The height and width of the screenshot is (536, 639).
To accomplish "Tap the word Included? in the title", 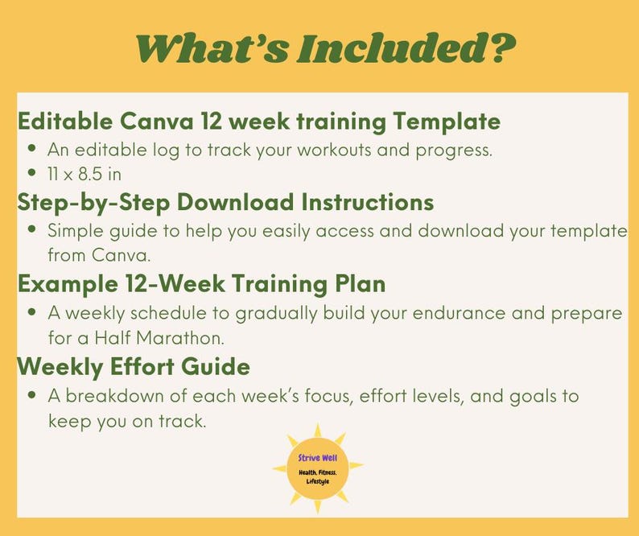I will coord(406,48).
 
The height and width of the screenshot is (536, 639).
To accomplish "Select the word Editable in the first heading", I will coord(65,122).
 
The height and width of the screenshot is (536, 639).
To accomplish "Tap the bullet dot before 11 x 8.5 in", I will coord(31,173).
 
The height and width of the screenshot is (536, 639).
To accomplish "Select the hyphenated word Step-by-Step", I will coord(89,201).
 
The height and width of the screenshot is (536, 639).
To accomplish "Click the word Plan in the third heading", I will coord(358,284).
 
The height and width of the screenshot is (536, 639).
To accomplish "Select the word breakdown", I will coord(113,395).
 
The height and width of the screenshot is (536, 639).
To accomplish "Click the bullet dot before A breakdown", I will coord(31,396).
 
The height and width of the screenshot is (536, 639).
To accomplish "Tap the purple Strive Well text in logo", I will coord(317,458).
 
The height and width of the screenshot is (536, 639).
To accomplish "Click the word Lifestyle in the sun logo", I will coord(317,481).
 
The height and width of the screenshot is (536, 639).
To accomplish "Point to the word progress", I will coord(455,149).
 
